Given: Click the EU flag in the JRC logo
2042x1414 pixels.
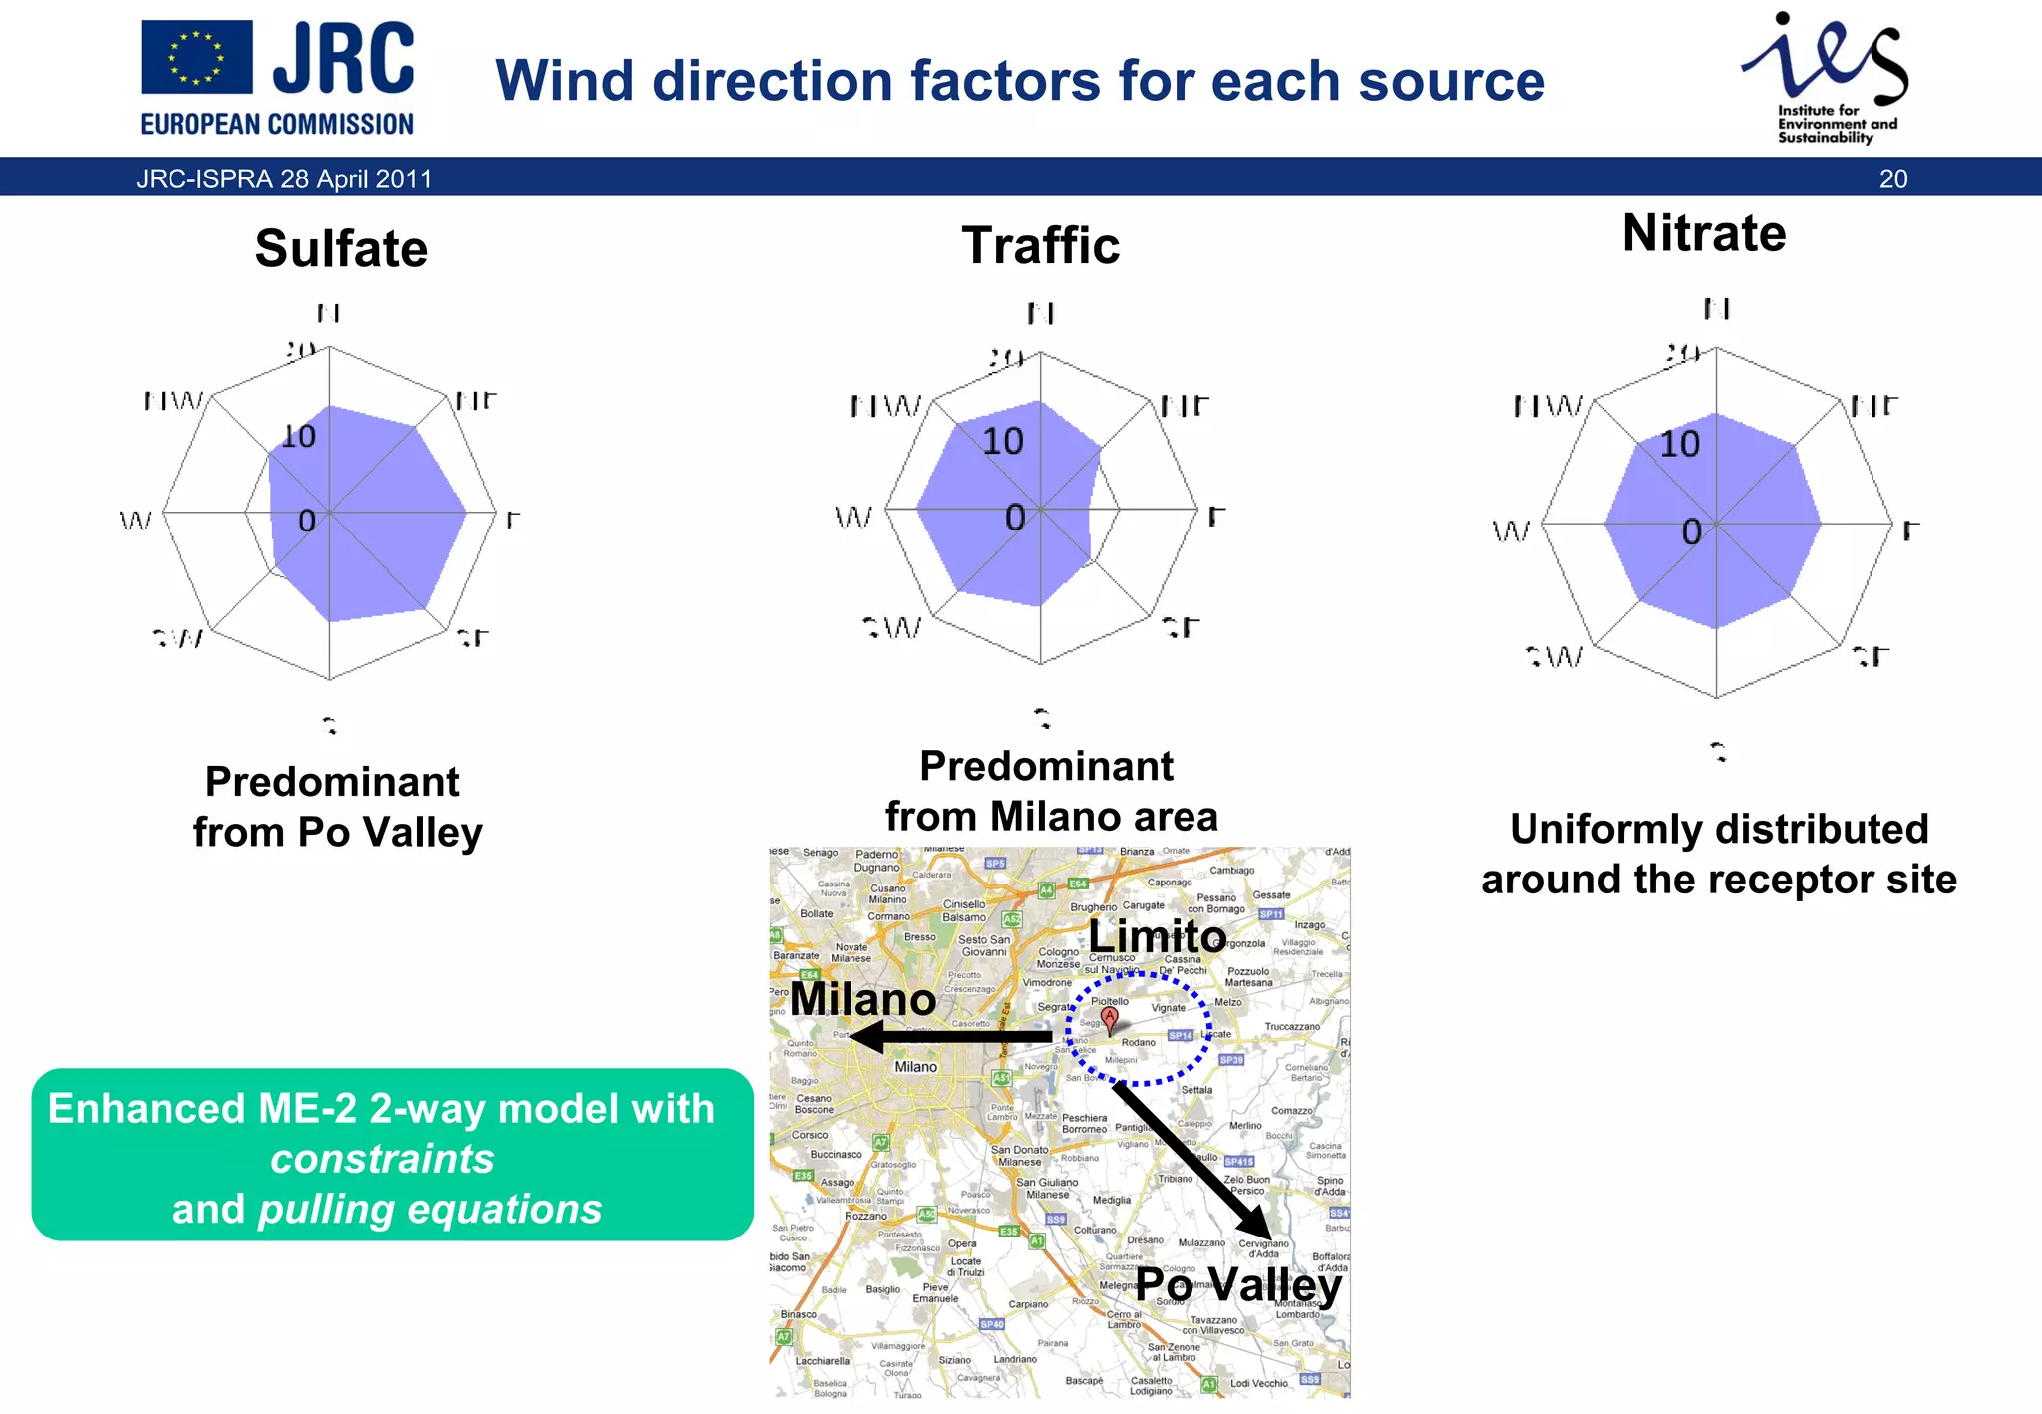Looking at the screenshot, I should point(196,57).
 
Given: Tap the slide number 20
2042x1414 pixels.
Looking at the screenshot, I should point(1892,179).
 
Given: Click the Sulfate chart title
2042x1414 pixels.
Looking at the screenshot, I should point(341,248).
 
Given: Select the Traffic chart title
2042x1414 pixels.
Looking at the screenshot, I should point(1040,245).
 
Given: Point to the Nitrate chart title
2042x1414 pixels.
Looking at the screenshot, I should point(1703,233).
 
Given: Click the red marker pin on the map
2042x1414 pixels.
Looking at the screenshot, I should point(1109,1018).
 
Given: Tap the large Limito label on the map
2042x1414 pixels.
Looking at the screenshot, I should point(1157,936).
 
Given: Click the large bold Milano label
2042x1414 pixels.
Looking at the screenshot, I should point(862,999).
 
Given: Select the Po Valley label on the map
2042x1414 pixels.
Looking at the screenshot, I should point(1238,1284).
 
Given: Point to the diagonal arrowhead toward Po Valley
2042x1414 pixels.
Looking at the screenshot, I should point(1256,1223).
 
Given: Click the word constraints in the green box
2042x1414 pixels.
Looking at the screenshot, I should point(382,1159).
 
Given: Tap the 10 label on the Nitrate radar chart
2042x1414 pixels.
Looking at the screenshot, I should point(1679,444).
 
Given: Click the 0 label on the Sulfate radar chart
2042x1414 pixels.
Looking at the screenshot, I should point(307,521).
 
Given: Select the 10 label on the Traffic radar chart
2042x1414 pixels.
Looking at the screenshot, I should point(1002,441).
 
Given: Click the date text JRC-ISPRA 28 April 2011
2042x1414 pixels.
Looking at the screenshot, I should point(284,179).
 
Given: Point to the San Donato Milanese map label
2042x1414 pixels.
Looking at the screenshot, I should point(1019,1156).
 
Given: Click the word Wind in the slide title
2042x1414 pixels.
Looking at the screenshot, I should point(564,81).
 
